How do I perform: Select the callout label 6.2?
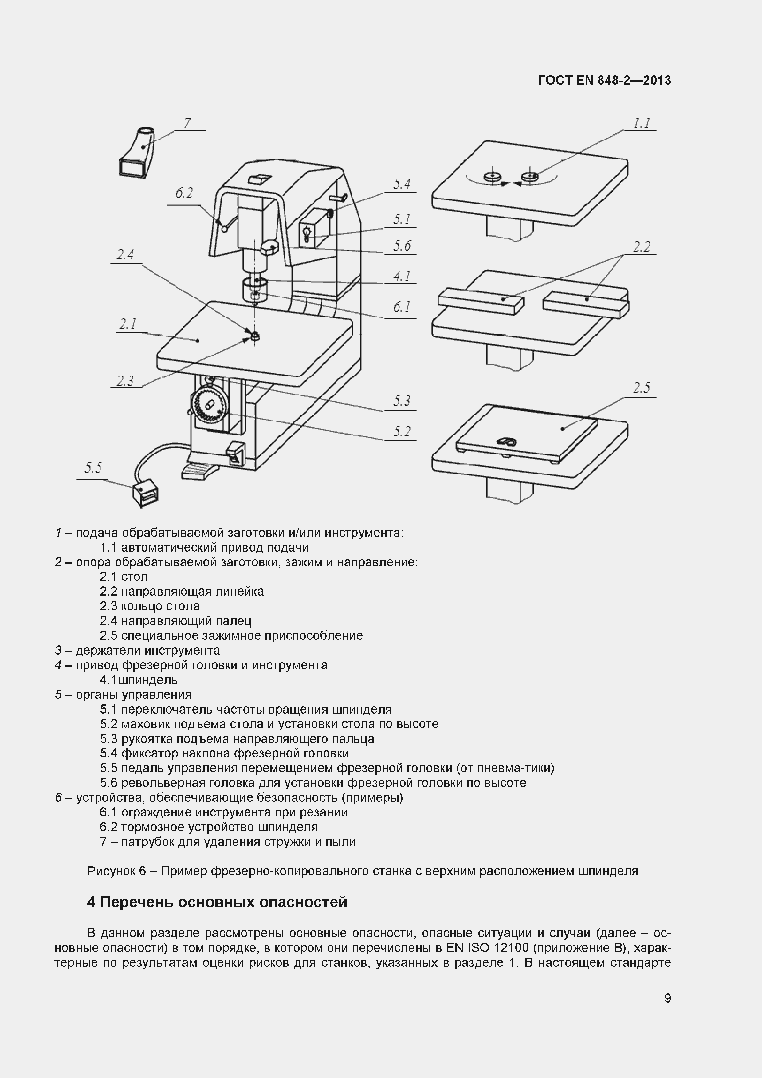[184, 193]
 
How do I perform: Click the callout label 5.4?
[402, 184]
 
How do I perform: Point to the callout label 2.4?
[125, 255]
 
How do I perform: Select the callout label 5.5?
[93, 468]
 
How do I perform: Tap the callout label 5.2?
[402, 431]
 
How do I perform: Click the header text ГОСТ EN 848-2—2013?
[604, 80]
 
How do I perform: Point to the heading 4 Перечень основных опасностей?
[217, 902]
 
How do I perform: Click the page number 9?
[667, 1011]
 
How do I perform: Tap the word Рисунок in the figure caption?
[111, 871]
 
